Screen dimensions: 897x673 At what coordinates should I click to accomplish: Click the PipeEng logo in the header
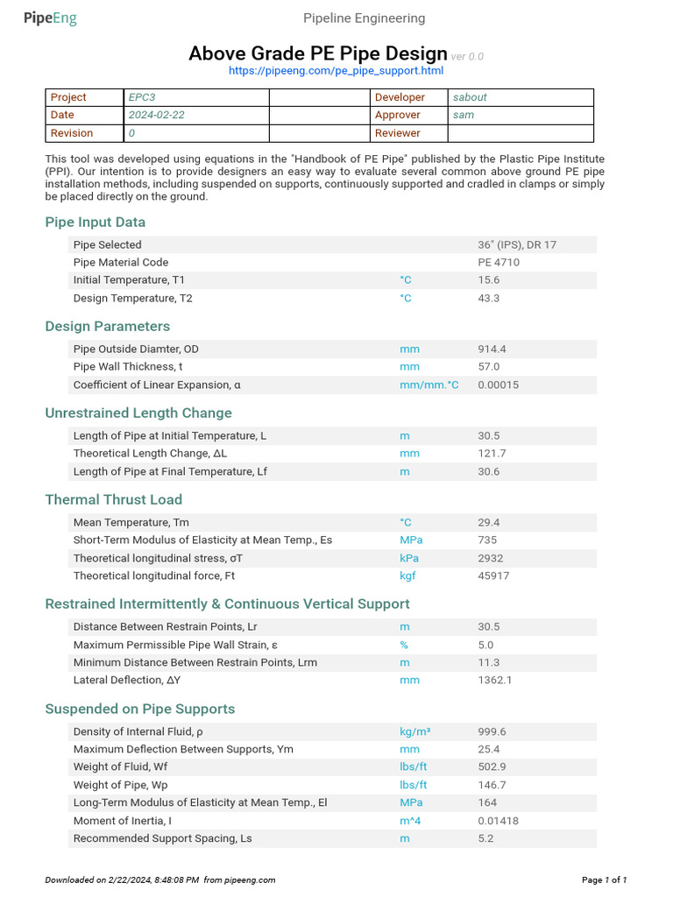pyautogui.click(x=50, y=18)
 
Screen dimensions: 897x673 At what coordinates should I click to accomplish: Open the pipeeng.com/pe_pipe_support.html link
pyautogui.click(x=336, y=71)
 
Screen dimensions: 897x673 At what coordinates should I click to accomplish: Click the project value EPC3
pyautogui.click(x=142, y=97)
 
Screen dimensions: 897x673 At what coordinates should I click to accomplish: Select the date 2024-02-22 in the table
pyautogui.click(x=156, y=115)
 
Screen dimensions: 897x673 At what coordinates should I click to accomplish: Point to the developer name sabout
pyautogui.click(x=470, y=97)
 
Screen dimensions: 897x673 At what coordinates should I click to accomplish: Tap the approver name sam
pyautogui.click(x=463, y=115)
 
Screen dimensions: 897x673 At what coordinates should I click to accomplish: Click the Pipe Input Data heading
pyautogui.click(x=96, y=222)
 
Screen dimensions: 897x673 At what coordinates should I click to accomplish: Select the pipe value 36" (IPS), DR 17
pyautogui.click(x=516, y=244)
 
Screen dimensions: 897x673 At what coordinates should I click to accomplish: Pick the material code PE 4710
pyautogui.click(x=499, y=262)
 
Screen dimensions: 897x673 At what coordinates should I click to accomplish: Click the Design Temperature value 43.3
pyautogui.click(x=489, y=298)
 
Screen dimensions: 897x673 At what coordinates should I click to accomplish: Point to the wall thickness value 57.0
pyautogui.click(x=489, y=366)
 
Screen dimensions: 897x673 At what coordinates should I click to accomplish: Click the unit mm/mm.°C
pyautogui.click(x=429, y=385)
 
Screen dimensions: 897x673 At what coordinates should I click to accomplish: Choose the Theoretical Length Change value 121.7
pyautogui.click(x=492, y=454)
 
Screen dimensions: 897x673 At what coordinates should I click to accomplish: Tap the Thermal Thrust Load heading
pyautogui.click(x=114, y=500)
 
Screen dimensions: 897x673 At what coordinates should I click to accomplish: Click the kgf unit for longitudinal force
pyautogui.click(x=409, y=576)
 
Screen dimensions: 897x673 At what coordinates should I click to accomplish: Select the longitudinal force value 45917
pyautogui.click(x=493, y=576)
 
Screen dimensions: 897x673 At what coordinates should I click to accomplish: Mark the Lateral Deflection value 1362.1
pyautogui.click(x=495, y=680)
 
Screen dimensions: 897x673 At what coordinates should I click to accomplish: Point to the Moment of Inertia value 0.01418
pyautogui.click(x=497, y=821)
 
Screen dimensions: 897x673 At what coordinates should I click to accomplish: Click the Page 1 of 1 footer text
pyautogui.click(x=605, y=879)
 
